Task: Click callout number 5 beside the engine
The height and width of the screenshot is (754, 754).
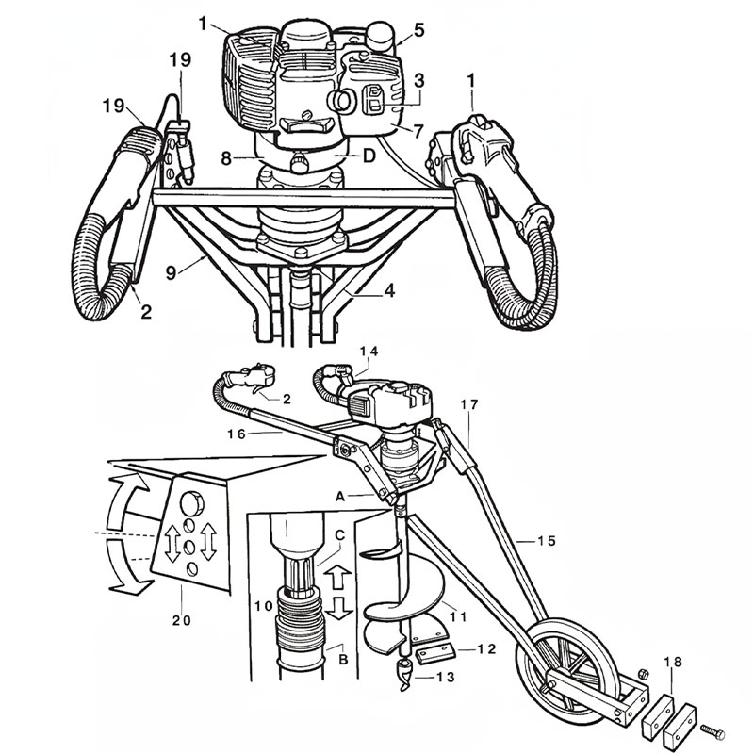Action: point(418,30)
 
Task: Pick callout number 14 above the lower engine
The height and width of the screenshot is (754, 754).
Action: point(368,352)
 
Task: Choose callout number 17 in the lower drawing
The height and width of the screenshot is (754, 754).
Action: point(471,404)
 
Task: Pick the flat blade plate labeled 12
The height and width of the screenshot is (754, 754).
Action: point(434,651)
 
